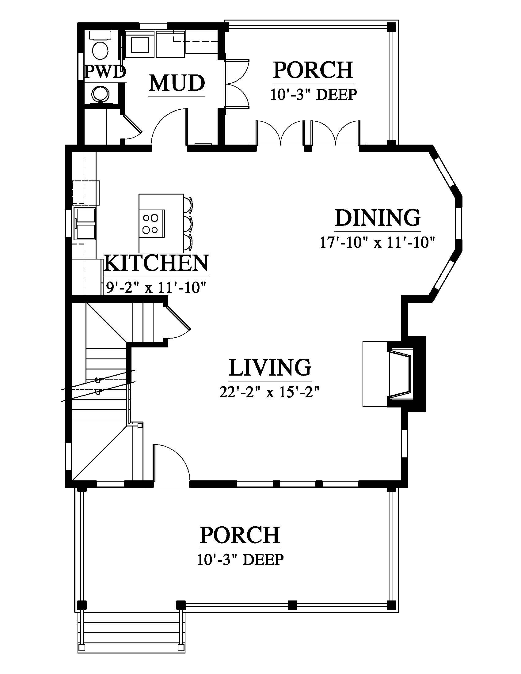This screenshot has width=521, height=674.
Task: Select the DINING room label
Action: pos(378,218)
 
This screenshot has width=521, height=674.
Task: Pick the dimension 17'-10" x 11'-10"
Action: pos(377,242)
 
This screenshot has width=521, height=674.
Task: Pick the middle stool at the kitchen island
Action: pos(188,223)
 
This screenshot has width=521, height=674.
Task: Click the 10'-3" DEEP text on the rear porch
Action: pos(314,94)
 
